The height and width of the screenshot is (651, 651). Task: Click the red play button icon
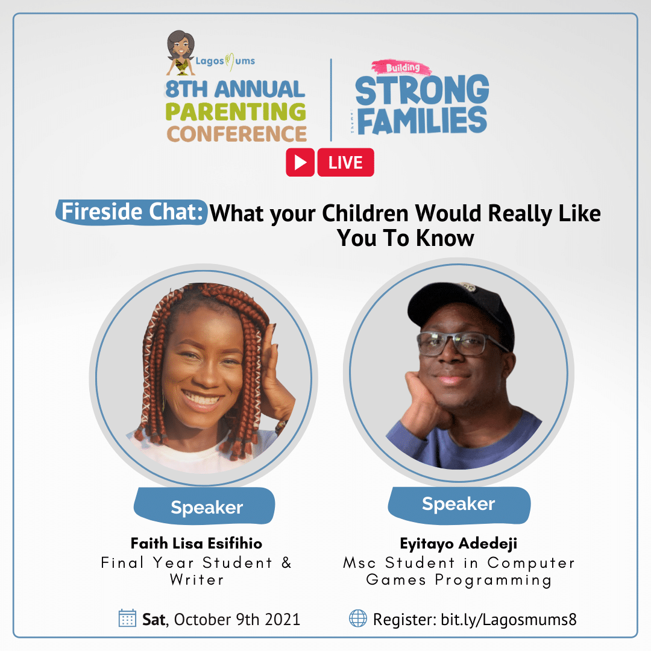[300, 162]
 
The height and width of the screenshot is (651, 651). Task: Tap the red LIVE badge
[345, 162]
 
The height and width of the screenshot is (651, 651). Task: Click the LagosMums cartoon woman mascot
[181, 52]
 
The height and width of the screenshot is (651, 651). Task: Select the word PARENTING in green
[236, 112]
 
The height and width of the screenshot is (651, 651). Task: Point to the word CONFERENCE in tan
[237, 134]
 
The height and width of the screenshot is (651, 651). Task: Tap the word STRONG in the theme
[422, 89]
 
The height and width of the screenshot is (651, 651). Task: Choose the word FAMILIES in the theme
[422, 121]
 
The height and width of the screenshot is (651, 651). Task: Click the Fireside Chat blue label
[131, 212]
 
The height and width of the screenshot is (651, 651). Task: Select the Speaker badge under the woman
[205, 506]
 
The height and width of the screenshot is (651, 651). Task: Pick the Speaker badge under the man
[459, 505]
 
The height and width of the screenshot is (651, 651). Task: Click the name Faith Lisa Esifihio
[197, 544]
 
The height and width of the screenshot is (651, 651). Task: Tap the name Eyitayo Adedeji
[459, 544]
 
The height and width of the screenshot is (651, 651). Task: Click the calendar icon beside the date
[127, 618]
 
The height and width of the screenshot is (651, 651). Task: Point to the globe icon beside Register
[358, 618]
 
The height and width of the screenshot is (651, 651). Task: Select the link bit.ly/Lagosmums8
[509, 620]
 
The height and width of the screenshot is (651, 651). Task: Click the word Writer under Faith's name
[197, 580]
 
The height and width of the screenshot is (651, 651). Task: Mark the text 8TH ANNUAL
[235, 89]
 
